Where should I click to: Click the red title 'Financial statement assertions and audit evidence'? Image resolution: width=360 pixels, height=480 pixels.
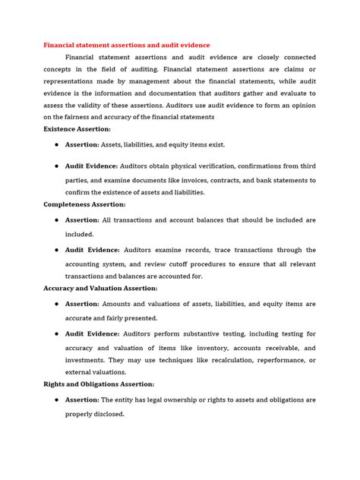125,45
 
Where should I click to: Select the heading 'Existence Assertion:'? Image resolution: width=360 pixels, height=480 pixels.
76,130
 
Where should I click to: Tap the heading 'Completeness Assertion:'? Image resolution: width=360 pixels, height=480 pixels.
84,205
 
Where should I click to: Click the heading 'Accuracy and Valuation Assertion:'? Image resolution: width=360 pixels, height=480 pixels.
99,289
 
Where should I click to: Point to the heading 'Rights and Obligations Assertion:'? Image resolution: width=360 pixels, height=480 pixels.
99,385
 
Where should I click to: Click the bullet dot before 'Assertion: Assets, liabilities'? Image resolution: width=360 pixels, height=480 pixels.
56,144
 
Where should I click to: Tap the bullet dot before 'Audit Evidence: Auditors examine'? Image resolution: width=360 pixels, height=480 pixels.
56,250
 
